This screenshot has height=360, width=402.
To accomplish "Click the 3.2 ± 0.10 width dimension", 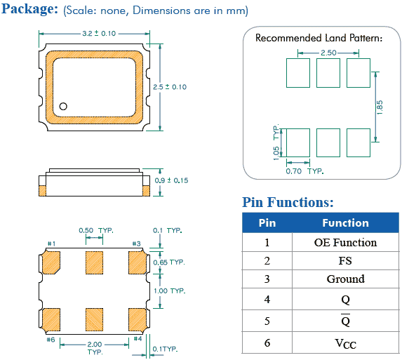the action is (x=99, y=34).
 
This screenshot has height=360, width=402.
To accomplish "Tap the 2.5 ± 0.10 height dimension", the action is (x=170, y=87).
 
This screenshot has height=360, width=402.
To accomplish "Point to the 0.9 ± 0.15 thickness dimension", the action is (x=171, y=180).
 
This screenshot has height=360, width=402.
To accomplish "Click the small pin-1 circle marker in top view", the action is (x=63, y=106).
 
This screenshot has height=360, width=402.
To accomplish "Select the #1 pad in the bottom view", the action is (x=51, y=262).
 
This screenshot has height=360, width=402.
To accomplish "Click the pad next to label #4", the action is (x=138, y=319).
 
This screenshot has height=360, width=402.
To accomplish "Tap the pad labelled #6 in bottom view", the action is (x=51, y=319).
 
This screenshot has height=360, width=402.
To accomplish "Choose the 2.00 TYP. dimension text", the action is (x=95, y=347).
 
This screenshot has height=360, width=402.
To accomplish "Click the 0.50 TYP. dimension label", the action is (x=96, y=230).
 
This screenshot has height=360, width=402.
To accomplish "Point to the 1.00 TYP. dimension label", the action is (x=170, y=291).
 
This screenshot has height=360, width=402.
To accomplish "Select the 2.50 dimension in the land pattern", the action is (x=328, y=53).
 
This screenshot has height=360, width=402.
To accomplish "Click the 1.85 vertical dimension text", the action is (x=380, y=107).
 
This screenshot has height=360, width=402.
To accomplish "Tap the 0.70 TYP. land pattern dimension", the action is (x=304, y=171).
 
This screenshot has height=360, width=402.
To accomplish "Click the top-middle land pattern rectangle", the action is (x=328, y=73).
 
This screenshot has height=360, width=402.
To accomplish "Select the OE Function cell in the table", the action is (x=345, y=242).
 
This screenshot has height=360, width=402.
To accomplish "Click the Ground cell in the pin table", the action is (x=345, y=279).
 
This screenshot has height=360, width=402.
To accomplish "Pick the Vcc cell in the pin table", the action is (x=345, y=343).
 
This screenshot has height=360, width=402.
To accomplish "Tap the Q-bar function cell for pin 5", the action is (x=345, y=320).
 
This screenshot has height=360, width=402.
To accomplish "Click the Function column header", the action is (x=345, y=223).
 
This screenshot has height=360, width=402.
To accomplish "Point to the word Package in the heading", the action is (x=30, y=9).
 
